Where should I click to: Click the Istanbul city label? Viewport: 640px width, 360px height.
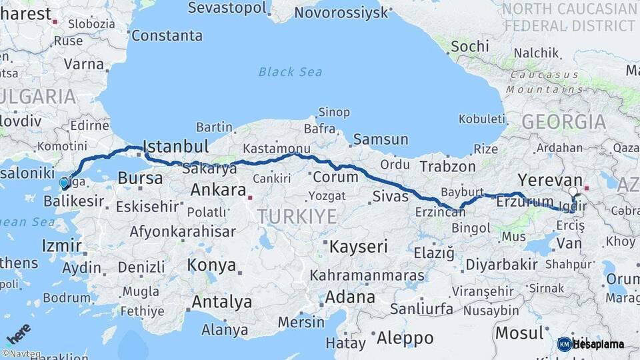pos(176,146)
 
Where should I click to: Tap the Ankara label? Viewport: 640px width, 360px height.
pos(218,190)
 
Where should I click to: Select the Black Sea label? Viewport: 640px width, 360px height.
pos(290,72)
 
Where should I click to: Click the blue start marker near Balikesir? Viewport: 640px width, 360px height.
pos(63,182)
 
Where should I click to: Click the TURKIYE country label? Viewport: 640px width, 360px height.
pos(297,216)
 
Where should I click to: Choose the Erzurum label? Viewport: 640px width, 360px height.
pos(525,201)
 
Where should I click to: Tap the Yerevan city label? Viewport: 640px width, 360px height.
pos(550,181)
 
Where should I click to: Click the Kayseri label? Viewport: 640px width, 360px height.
pos(359,247)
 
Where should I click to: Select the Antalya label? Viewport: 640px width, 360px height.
pos(221,302)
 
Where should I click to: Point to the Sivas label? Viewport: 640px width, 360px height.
pos(390,196)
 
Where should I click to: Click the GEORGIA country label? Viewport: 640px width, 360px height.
pos(563,122)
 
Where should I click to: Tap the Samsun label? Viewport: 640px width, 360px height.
pos(380,139)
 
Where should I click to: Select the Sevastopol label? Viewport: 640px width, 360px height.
pos(227,8)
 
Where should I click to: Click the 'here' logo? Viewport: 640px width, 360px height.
pos(18,333)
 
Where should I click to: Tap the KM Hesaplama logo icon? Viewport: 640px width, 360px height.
pos(565,344)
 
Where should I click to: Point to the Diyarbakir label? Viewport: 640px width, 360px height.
pos(501,265)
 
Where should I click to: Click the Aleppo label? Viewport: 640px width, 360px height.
pos(405,338)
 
